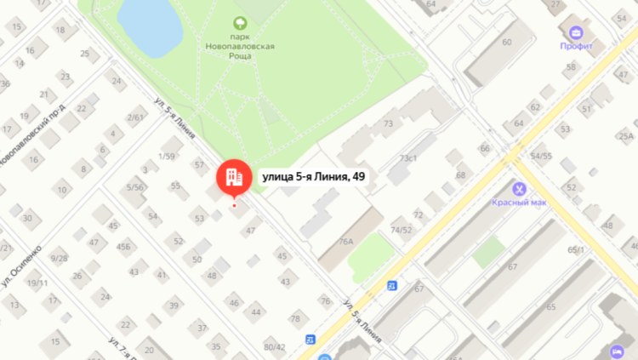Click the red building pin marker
click(233, 176)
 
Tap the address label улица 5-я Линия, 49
click(315, 176)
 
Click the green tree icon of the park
click(240, 25)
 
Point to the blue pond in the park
click(148, 23)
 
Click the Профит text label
click(576, 48)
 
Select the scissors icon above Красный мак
click(517, 188)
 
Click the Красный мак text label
click(517, 203)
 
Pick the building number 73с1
click(408, 158)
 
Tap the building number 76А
click(345, 242)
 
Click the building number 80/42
click(274, 347)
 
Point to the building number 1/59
click(166, 156)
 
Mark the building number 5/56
click(134, 186)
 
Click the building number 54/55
click(541, 156)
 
